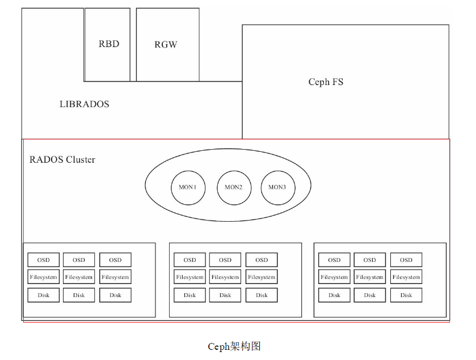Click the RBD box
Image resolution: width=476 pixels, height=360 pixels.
[108, 44]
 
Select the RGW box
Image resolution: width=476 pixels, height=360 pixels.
[167, 45]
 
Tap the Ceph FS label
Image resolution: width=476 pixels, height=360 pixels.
[326, 82]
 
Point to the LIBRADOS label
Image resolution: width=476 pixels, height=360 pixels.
[85, 104]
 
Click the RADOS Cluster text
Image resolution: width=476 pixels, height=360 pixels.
[62, 159]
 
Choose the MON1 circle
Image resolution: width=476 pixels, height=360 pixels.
[188, 187]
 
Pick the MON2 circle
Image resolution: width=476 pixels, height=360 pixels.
[234, 187]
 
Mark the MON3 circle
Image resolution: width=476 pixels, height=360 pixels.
[277, 187]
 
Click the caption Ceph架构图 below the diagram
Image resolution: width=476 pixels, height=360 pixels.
[234, 346]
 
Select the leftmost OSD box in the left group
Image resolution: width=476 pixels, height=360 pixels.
[44, 260]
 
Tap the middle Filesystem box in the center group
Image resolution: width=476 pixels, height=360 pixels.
[225, 277]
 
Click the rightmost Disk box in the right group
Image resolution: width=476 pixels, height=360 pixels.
[406, 295]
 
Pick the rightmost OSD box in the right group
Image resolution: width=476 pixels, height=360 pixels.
[406, 260]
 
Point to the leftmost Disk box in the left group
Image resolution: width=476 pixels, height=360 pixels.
[44, 295]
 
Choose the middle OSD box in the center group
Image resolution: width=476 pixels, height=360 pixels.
[225, 260]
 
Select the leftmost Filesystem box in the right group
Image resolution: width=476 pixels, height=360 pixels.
[334, 277]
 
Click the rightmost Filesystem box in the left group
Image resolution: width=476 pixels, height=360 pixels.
[115, 277]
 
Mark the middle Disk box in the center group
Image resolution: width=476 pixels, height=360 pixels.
[225, 295]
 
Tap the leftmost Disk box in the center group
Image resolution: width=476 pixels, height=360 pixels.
[189, 295]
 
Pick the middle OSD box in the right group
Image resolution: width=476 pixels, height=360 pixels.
[370, 260]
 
